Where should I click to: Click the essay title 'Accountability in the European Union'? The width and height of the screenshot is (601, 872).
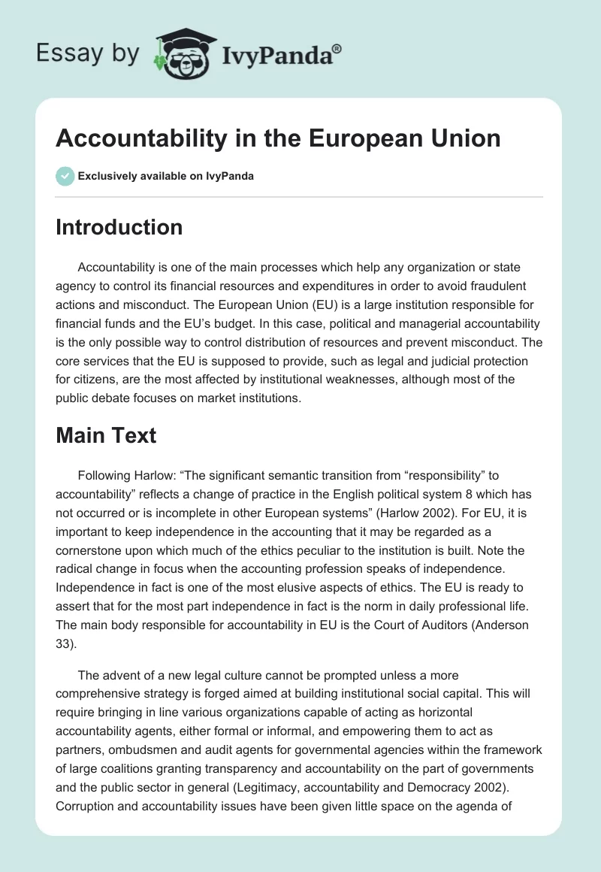(278, 138)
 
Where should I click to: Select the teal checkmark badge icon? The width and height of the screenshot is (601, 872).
(65, 176)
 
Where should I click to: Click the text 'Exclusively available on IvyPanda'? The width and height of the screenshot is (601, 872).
(166, 177)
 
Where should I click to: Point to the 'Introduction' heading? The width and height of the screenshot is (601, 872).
(119, 227)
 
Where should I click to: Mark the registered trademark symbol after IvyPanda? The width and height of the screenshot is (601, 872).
(337, 48)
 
